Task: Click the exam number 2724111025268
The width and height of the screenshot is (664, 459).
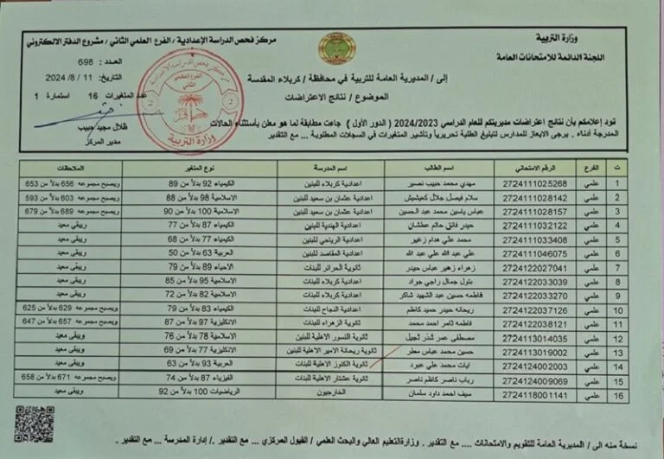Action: pyautogui.click(x=537, y=183)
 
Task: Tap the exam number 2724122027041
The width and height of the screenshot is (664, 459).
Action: pyautogui.click(x=536, y=268)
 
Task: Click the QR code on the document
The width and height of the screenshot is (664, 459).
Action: pyautogui.click(x=35, y=423)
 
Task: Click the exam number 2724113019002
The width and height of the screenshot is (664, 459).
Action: pyautogui.click(x=535, y=353)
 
